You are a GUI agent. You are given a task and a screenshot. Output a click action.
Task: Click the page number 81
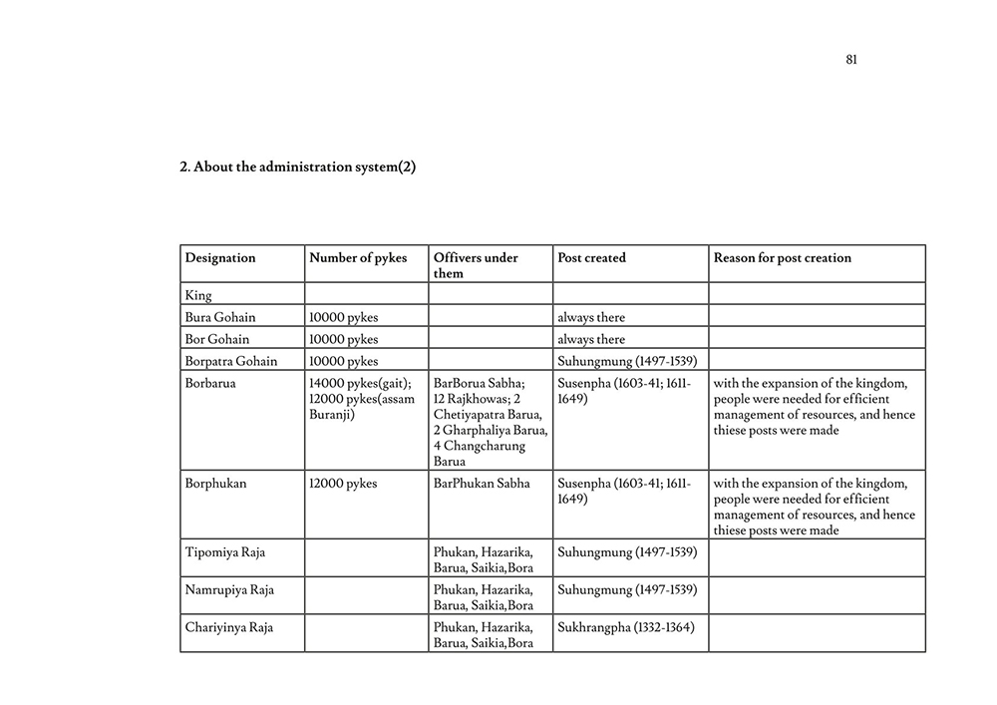[x=851, y=60]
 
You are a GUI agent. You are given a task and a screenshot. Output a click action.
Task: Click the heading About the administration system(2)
[x=297, y=168]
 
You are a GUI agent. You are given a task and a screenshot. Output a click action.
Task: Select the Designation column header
[x=220, y=258]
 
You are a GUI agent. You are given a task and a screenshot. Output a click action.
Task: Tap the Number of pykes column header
[x=358, y=258]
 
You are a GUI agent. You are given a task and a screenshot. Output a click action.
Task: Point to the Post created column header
[x=592, y=258]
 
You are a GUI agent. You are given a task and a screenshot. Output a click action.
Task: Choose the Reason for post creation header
[x=783, y=258]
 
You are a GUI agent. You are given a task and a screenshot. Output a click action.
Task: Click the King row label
[x=198, y=295]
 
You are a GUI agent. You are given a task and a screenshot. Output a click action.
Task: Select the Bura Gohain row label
[x=220, y=317]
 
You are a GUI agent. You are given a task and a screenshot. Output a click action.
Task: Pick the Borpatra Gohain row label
[x=231, y=361]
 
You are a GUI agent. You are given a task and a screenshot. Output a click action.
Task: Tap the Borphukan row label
[x=215, y=484]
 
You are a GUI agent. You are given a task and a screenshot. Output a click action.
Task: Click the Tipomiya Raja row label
[x=225, y=551]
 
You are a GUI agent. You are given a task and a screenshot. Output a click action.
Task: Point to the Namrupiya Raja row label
[x=229, y=589]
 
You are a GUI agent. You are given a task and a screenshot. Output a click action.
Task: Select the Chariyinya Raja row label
[x=229, y=627]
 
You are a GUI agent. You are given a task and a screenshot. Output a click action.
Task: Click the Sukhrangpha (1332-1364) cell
[x=626, y=627]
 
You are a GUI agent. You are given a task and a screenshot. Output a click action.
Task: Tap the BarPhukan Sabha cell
[x=483, y=484]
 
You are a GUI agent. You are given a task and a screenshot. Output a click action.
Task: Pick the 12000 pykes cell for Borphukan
[x=343, y=484]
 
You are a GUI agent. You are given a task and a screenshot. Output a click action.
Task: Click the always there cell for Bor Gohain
[x=591, y=339]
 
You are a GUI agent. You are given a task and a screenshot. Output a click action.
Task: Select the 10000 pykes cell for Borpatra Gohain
[x=343, y=361]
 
